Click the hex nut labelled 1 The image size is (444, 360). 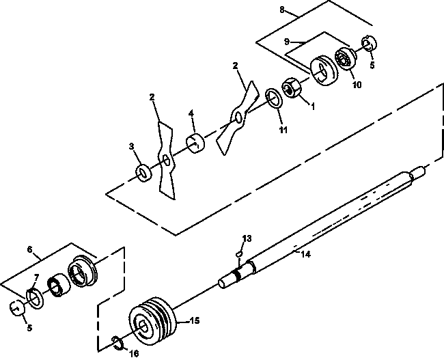(x=292, y=88)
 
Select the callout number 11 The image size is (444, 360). (x=283, y=130)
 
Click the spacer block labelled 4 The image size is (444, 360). (x=195, y=143)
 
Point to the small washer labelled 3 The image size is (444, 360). (x=143, y=173)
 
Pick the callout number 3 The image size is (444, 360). (x=131, y=146)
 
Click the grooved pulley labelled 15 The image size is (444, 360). (x=152, y=321)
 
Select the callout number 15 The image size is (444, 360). (x=195, y=321)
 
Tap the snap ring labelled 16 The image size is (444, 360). (x=117, y=343)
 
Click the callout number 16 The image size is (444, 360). (x=134, y=353)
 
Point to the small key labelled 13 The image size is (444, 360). (x=239, y=254)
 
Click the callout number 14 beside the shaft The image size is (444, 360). (x=305, y=254)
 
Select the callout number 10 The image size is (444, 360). (x=357, y=85)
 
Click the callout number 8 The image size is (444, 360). (x=281, y=10)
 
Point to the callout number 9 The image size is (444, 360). (x=287, y=42)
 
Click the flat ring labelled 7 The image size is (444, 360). (x=35, y=299)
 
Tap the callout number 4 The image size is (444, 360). (x=191, y=113)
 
